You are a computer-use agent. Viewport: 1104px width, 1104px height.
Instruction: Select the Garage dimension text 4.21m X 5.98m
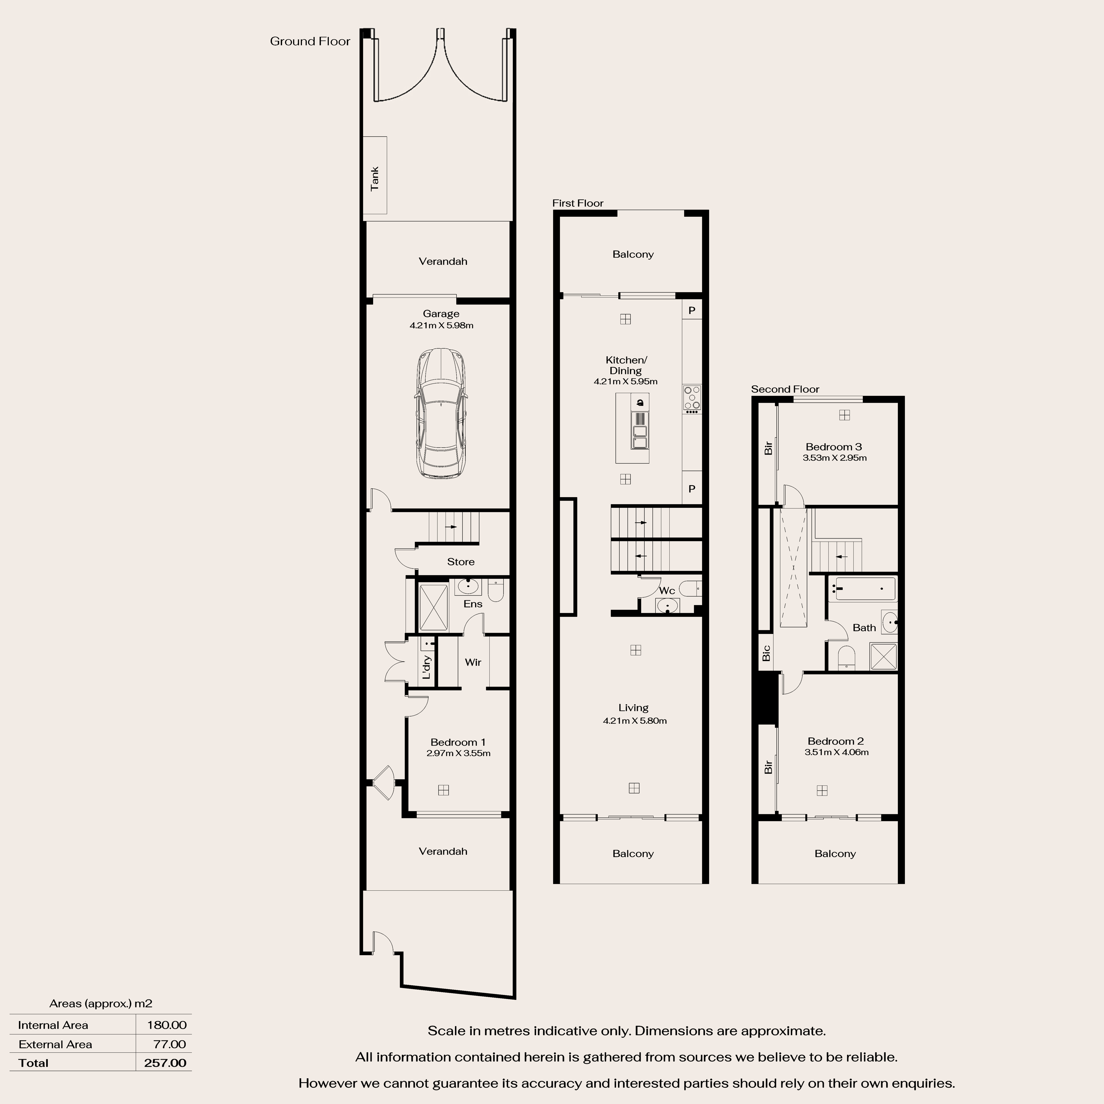pos(441,325)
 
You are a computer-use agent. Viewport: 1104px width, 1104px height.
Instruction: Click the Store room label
pos(461,562)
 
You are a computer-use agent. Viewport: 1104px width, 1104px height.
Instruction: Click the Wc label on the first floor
pos(667,590)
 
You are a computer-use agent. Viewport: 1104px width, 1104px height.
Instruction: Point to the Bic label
pos(766,653)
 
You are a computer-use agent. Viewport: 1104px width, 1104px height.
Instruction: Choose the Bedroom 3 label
pos(834,447)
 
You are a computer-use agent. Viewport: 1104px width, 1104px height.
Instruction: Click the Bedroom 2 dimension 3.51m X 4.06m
pos(837,752)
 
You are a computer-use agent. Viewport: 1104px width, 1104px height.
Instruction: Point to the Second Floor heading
pos(785,389)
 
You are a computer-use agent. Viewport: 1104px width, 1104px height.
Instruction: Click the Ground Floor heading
pos(310,41)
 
